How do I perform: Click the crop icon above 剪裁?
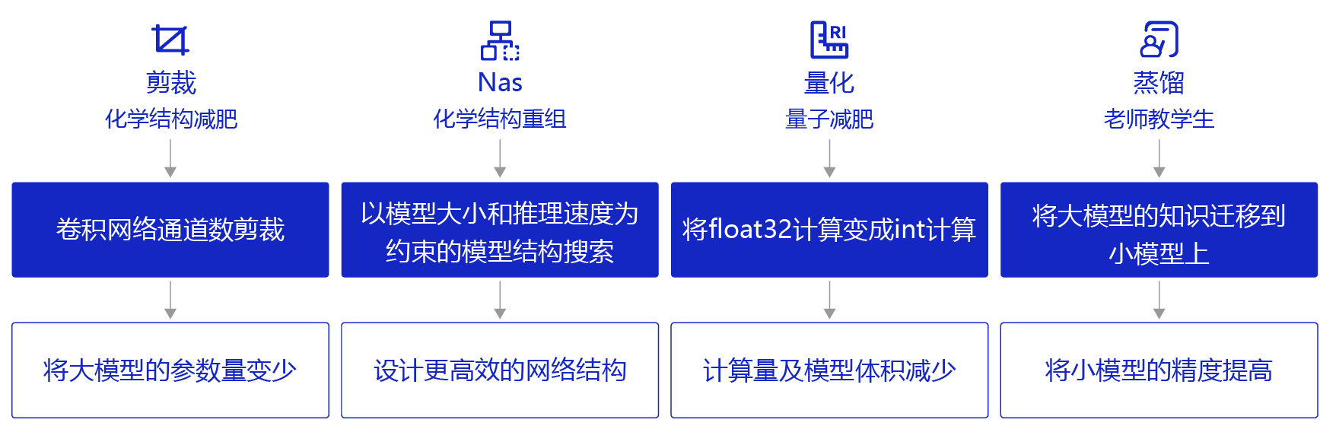(170, 40)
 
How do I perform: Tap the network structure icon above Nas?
(500, 40)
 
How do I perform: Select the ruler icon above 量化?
(829, 40)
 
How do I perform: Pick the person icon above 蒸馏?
(1159, 40)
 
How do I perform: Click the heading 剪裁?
(170, 82)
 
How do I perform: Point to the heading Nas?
(500, 82)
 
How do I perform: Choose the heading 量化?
(829, 82)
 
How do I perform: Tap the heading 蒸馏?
(1159, 82)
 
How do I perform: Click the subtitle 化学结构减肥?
(170, 119)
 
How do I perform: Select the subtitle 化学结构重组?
(500, 119)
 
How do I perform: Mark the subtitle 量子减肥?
(829, 119)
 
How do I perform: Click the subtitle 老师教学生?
(1159, 119)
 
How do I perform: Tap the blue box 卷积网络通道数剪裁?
(170, 230)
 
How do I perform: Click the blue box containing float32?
(829, 230)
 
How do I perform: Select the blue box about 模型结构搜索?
(500, 230)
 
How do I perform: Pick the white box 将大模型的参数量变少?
(170, 370)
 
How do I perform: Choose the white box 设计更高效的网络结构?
(500, 370)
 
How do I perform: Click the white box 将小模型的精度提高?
(1159, 370)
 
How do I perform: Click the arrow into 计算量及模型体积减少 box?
(829, 300)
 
